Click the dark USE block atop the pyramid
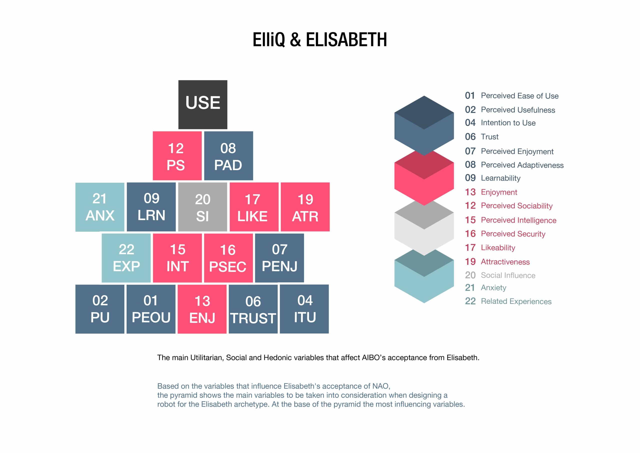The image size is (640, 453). tap(203, 105)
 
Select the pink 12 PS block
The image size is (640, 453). tap(177, 156)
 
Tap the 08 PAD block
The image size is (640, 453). tap(228, 156)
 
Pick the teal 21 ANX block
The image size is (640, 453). tap(100, 207)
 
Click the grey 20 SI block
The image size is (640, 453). tap(203, 207)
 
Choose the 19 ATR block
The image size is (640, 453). tap(305, 207)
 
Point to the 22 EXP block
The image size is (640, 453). tap(126, 258)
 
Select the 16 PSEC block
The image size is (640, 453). tap(228, 258)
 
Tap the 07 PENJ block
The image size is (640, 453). tap(279, 258)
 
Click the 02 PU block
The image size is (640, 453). tap(100, 309)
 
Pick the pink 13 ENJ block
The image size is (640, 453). tap(202, 309)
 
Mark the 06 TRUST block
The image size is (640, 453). tap(253, 309)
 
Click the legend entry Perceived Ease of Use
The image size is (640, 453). tap(519, 96)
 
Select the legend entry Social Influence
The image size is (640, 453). tap(508, 275)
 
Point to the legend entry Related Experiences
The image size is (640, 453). tap(516, 301)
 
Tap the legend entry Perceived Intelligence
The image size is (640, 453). tap(518, 220)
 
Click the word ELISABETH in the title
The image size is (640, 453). tap(346, 40)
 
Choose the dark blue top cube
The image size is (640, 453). tap(424, 126)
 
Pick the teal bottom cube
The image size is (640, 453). tap(424, 276)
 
